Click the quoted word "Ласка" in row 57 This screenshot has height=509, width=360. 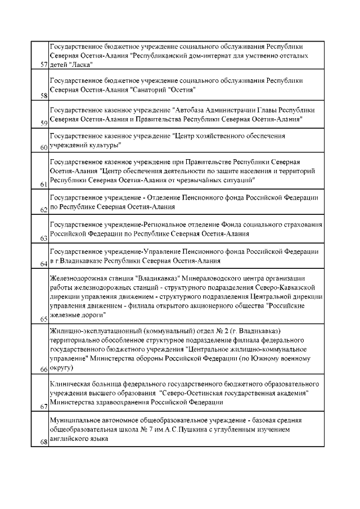pyautogui.click(x=80, y=65)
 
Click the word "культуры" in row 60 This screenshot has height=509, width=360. pyautogui.click(x=105, y=146)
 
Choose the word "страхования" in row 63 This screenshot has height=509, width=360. pyautogui.click(x=301, y=224)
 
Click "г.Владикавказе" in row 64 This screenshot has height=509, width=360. pyautogui.click(x=73, y=261)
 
